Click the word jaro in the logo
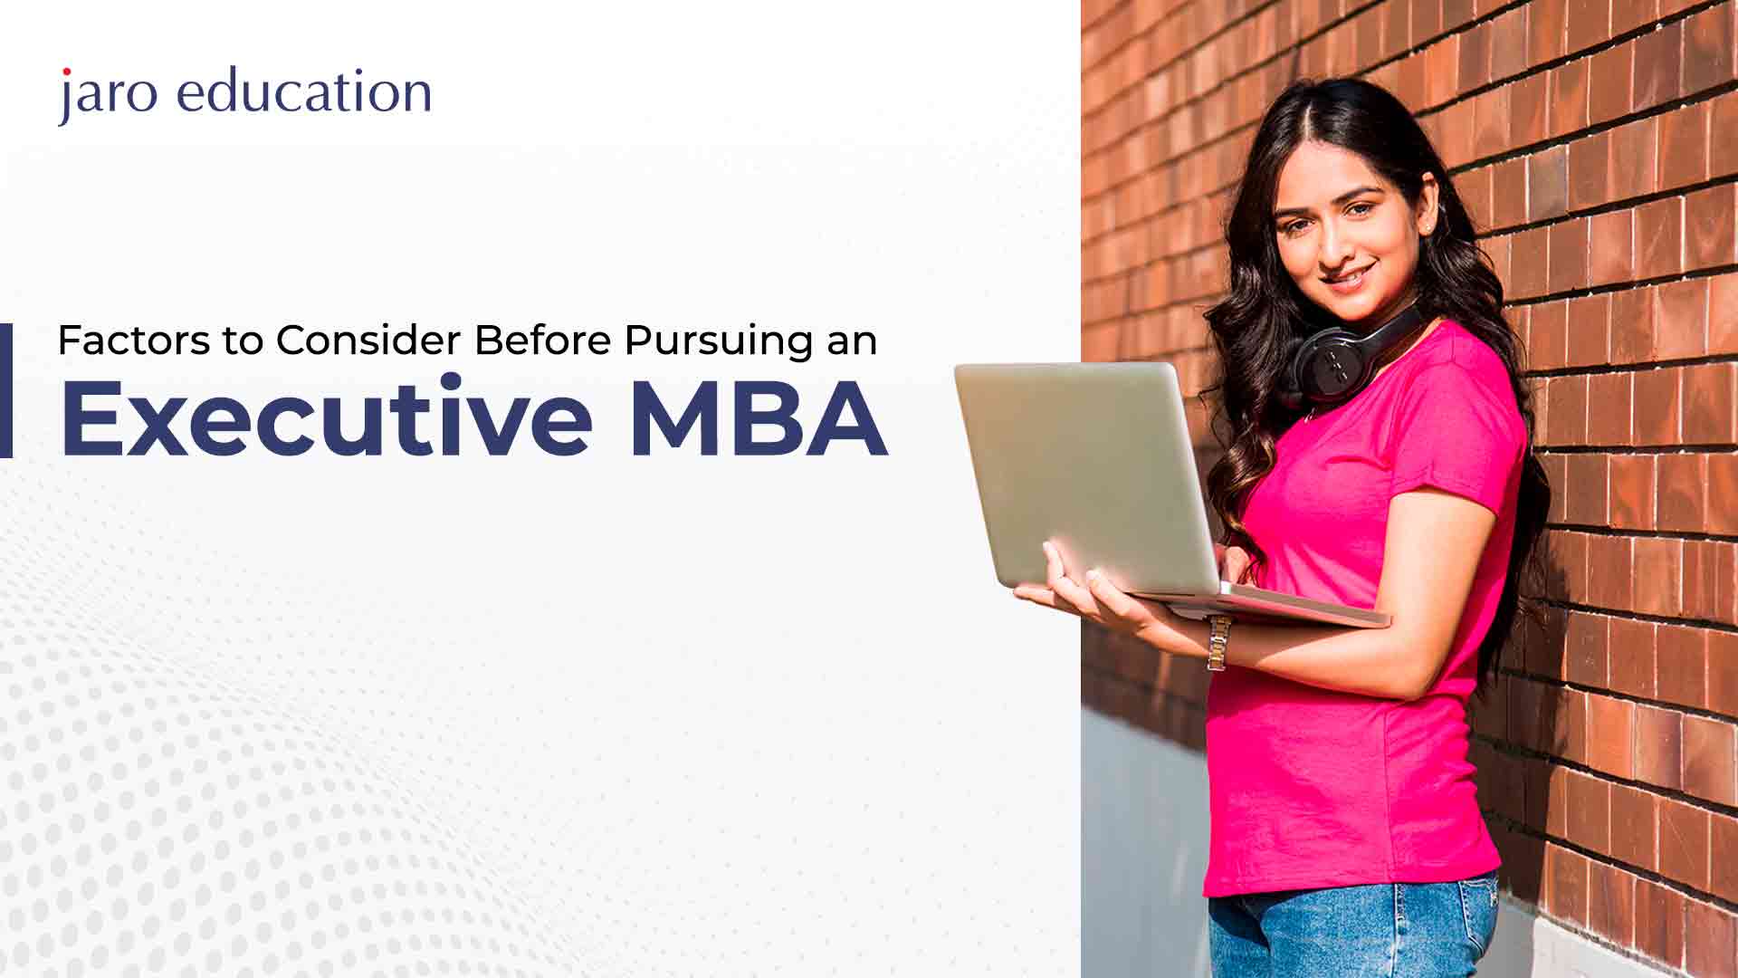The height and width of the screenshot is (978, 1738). pos(109,95)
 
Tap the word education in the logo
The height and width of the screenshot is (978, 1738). pos(304,92)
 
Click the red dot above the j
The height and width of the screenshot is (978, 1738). pos(65,72)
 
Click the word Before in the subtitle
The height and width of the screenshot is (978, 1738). pos(543,340)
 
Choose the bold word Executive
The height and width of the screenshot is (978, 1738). pos(327,417)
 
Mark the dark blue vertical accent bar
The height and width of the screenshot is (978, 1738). pos(5,390)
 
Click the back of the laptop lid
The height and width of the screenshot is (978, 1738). pos(1086,475)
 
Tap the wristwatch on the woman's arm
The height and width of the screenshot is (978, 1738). pos(1218,642)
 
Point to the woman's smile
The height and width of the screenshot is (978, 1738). pos(1348,274)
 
